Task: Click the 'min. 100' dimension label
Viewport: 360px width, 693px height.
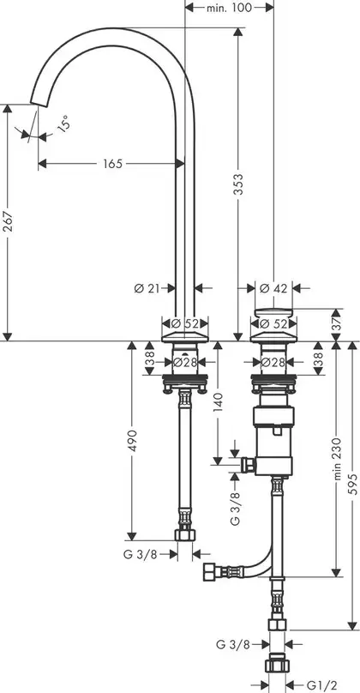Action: click(229, 7)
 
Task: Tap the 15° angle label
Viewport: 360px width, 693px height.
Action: click(63, 124)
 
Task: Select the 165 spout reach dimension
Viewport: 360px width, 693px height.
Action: click(112, 164)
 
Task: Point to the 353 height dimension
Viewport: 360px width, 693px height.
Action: click(238, 186)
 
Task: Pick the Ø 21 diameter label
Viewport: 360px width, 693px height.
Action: click(147, 288)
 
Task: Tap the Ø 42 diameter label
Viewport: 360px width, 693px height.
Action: click(274, 288)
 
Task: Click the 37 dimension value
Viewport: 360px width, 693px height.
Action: click(337, 319)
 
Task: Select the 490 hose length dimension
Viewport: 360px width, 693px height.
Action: click(133, 440)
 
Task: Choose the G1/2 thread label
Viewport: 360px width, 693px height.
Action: click(317, 684)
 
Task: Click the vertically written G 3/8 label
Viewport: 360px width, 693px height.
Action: click(236, 506)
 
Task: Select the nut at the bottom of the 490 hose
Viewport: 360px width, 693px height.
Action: click(185, 534)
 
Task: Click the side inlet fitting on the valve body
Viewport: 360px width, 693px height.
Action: click(249, 465)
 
